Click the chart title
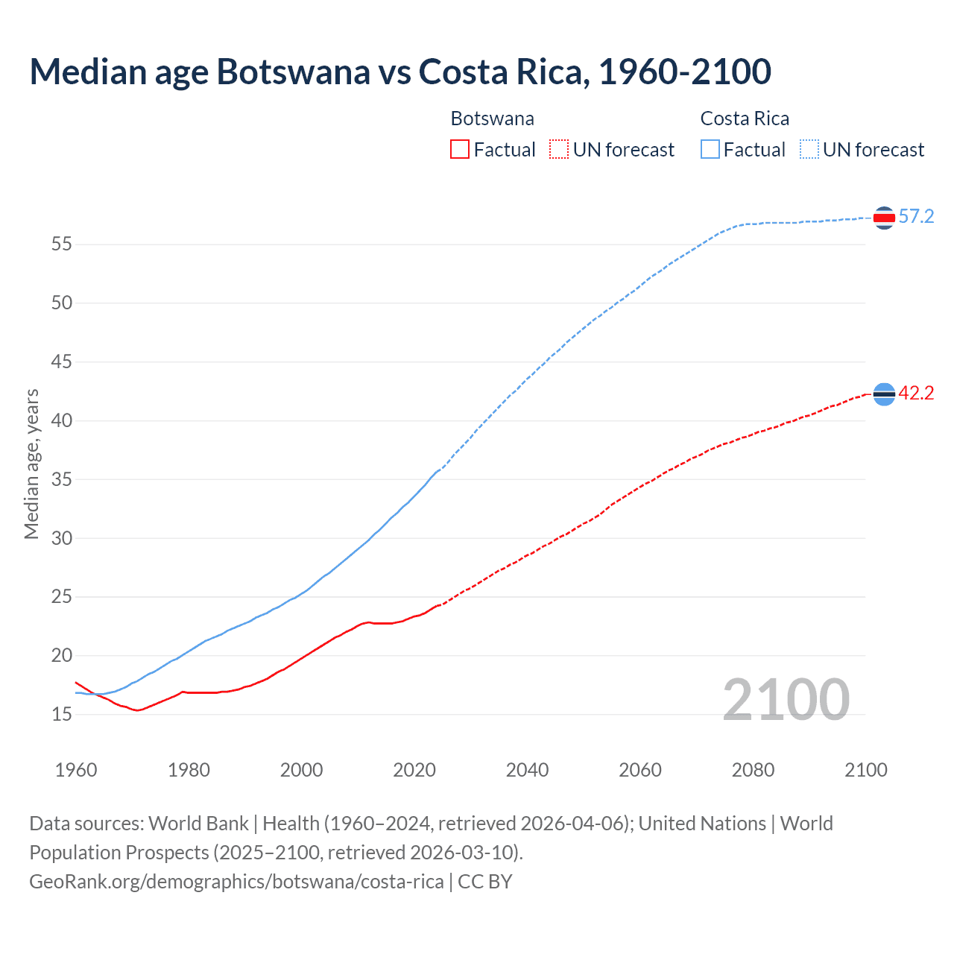click(400, 72)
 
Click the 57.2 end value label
click(916, 217)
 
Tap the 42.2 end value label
click(916, 394)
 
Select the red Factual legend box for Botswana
click(460, 150)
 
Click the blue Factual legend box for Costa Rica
click(710, 150)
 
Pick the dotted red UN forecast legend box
click(559, 150)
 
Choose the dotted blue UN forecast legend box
click(809, 150)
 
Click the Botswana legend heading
click(492, 119)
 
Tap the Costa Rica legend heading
click(745, 119)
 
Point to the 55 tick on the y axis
click(62, 244)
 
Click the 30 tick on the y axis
click(62, 538)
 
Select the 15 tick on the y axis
click(62, 715)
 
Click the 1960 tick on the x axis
click(76, 770)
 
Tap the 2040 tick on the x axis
click(527, 770)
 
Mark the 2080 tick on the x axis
click(753, 770)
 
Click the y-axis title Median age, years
click(31, 464)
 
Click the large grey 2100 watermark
click(786, 699)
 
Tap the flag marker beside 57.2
click(884, 218)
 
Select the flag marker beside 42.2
click(884, 394)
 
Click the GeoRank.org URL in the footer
click(236, 882)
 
